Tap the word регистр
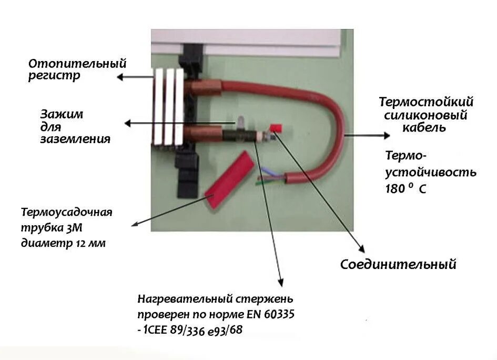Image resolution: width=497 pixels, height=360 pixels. pos(54,77)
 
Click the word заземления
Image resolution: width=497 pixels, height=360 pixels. pos(76,139)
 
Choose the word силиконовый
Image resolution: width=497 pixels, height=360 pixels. pos(425,115)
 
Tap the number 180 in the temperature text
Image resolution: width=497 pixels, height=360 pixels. pos(395,188)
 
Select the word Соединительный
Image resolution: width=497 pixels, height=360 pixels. pos(398,264)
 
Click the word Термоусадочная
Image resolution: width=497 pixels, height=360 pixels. pos(67,213)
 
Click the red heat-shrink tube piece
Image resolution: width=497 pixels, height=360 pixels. pos(229,178)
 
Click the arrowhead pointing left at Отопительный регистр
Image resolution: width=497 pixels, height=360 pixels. pos(120,77)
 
